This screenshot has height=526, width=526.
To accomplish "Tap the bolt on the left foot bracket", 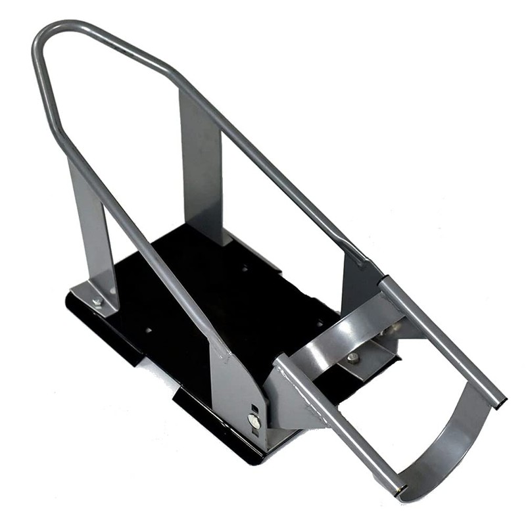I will (97, 302).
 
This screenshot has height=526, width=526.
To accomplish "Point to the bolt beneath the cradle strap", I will (352, 358).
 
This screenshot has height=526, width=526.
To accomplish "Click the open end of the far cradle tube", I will (501, 402).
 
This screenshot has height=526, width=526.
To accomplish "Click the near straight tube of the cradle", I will (335, 421).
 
